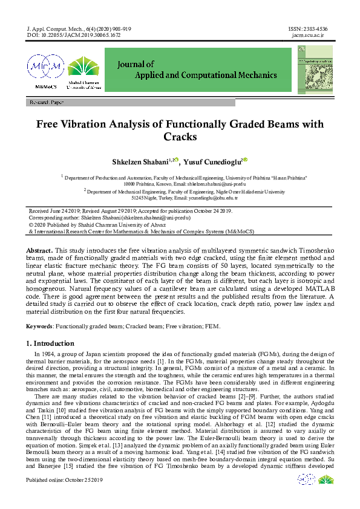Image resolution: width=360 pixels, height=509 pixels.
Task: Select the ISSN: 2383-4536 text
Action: pos(307,28)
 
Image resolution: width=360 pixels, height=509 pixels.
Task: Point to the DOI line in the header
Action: pos(74,35)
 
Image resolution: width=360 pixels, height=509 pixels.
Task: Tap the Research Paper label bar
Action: pos(47,103)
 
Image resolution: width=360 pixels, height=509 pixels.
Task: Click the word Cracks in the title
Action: pos(180,137)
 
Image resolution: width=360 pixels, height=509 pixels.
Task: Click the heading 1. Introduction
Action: pos(50,343)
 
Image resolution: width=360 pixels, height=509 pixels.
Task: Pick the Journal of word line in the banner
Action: pos(137,63)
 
